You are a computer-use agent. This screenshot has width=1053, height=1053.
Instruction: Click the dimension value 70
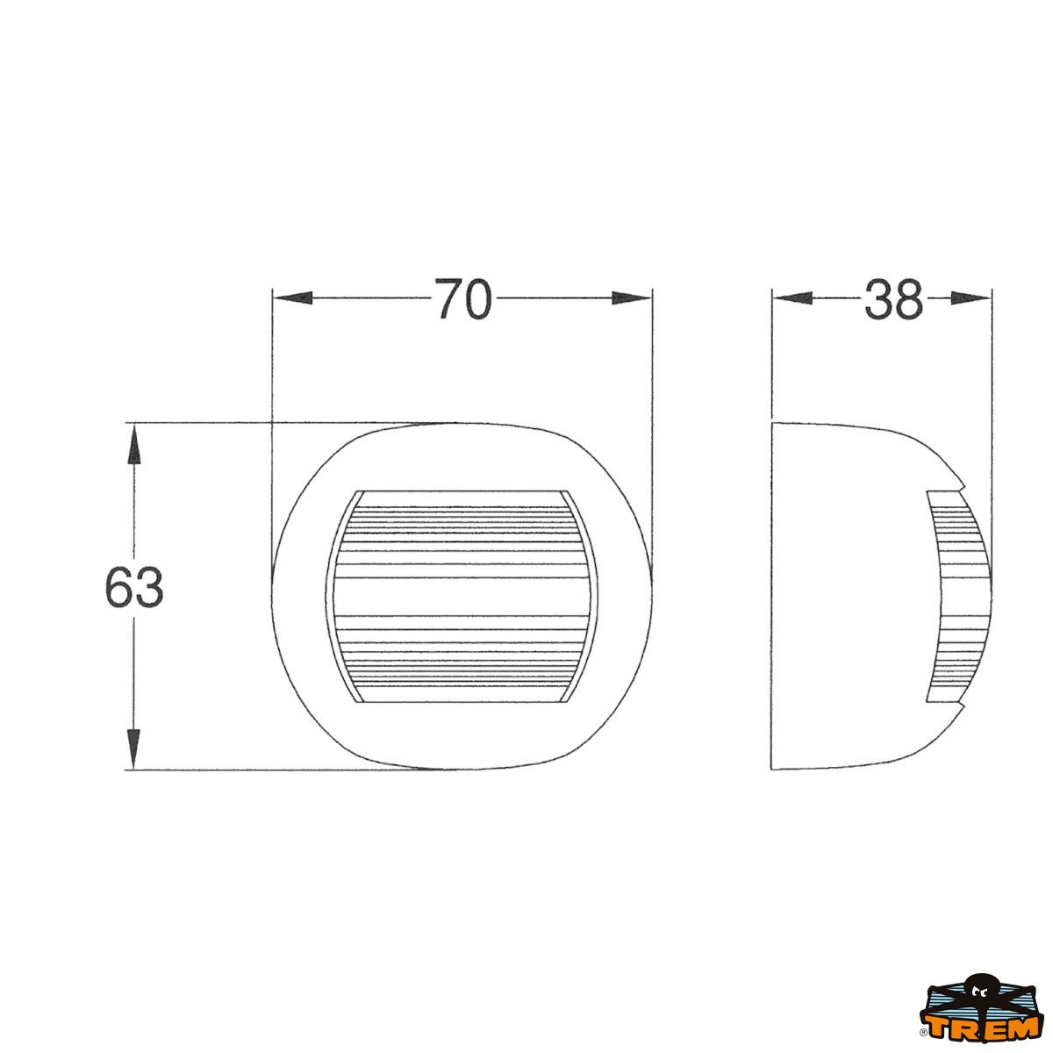point(462,299)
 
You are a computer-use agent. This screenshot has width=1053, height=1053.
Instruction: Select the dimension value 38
point(893,299)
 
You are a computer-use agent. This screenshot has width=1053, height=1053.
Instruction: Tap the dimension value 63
point(134,588)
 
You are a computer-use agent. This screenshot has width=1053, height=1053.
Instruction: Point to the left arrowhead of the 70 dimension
point(292,298)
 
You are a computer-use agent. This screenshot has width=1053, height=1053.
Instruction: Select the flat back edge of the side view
point(771,597)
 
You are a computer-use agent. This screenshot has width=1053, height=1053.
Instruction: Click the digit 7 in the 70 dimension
point(448,299)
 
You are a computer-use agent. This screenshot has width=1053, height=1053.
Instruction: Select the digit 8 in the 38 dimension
point(908,299)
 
